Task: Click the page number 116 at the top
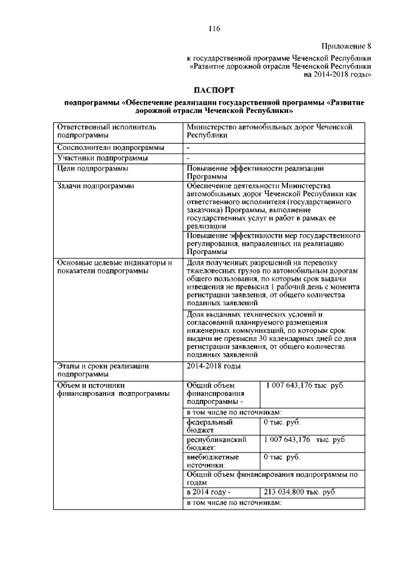[215, 28]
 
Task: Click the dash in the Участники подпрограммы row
[188, 159]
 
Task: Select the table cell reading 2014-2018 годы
[213, 365]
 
